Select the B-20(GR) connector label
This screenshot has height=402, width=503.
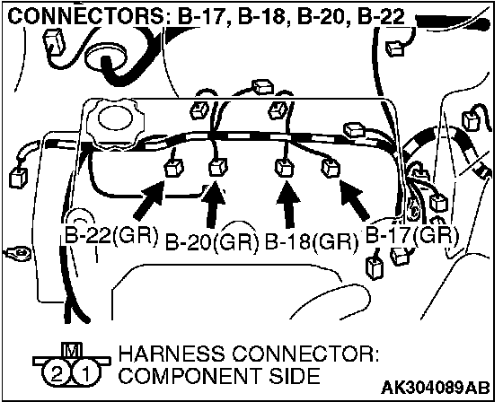point(212,242)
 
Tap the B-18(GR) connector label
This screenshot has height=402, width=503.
point(311,242)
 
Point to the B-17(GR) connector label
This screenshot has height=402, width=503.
point(412,235)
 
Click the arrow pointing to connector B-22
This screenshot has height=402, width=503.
point(148,200)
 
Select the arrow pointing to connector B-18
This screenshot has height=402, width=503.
point(288,205)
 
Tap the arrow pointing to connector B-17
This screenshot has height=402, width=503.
point(355,200)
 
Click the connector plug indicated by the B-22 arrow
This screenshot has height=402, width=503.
point(173,168)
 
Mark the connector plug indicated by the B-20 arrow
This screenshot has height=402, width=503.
point(217,167)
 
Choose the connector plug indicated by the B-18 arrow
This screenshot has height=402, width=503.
point(284,167)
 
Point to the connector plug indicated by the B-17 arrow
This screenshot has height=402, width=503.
point(331,168)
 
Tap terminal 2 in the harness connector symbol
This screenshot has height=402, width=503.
point(57,374)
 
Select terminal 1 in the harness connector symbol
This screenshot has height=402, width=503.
point(86,374)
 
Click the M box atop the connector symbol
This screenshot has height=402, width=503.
point(71,350)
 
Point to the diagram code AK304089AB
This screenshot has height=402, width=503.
point(436,388)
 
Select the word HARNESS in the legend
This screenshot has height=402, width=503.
point(172,354)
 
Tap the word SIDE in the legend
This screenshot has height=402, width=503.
point(295,375)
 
